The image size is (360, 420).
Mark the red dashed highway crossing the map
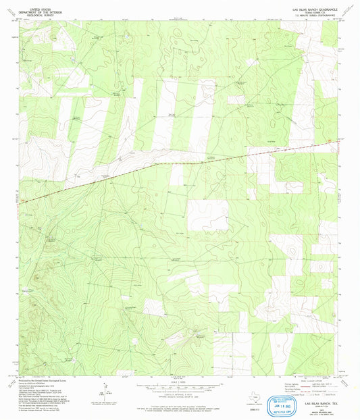tap(169, 163)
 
